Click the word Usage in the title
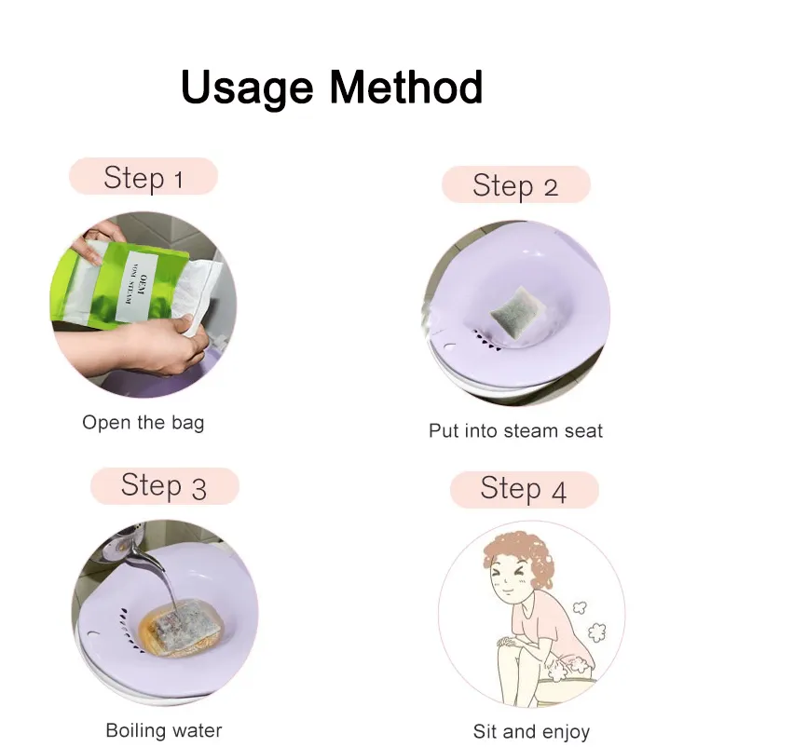pyautogui.click(x=248, y=88)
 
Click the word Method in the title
pyautogui.click(x=405, y=88)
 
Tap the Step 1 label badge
pyautogui.click(x=144, y=177)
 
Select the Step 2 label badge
pyautogui.click(x=515, y=185)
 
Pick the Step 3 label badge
pyautogui.click(x=164, y=486)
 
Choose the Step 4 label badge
pyautogui.click(x=524, y=489)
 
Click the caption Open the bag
pyautogui.click(x=143, y=422)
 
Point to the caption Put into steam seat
pyautogui.click(x=515, y=430)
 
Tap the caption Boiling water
pyautogui.click(x=164, y=729)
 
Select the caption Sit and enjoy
pyautogui.click(x=531, y=731)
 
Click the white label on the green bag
pyautogui.click(x=137, y=286)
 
